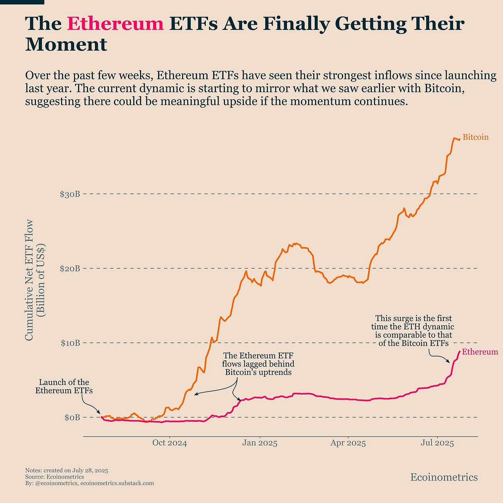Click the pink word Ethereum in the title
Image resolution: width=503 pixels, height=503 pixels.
tap(115, 24)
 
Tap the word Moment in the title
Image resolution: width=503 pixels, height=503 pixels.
tap(66, 45)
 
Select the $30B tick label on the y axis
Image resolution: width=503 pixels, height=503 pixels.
tap(70, 194)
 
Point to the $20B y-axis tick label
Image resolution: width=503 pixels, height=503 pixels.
tap(70, 268)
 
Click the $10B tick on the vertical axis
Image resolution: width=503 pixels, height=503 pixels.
tap(70, 343)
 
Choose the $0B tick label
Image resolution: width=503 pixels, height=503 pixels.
tap(72, 417)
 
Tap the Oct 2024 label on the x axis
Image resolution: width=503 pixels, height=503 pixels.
tap(170, 443)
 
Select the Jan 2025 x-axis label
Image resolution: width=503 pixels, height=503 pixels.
tap(260, 443)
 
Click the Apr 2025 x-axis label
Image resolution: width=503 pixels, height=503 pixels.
tap(348, 443)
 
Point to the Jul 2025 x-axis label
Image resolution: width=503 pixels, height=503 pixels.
tap(437, 443)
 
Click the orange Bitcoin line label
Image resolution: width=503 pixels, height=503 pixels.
tap(475, 137)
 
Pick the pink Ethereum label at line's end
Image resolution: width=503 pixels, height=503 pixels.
tap(480, 352)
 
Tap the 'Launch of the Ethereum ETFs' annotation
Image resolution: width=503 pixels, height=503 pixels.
tap(64, 386)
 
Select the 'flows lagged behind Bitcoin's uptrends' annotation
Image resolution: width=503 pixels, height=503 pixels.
tap(258, 364)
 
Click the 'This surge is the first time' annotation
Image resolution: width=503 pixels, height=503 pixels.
tap(413, 331)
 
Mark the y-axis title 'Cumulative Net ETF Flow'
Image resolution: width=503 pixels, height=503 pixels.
tap(29, 280)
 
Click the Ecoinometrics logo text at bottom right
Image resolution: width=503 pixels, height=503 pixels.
tap(444, 477)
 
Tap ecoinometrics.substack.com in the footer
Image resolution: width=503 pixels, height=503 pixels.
tap(117, 483)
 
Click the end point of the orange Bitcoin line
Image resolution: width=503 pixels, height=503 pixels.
tap(459, 139)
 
